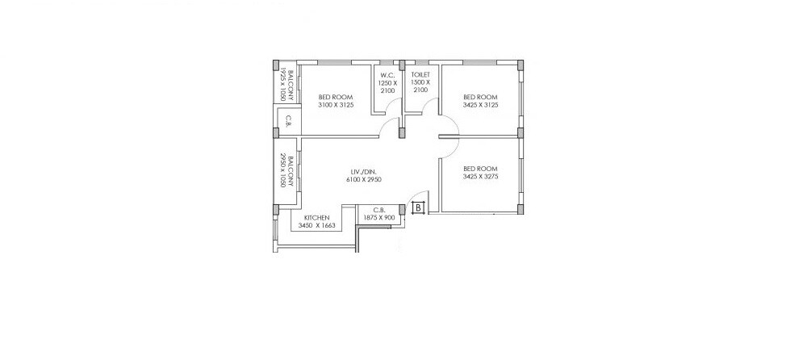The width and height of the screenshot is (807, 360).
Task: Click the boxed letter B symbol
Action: [x=419, y=207]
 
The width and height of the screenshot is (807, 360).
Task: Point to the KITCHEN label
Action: [x=316, y=218]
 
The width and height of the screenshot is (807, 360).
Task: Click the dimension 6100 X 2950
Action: [x=363, y=179]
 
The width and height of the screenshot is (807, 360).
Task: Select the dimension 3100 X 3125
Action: [x=337, y=104]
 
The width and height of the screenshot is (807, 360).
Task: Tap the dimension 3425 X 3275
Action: [x=480, y=177]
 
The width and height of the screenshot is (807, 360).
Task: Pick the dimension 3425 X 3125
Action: [x=480, y=104]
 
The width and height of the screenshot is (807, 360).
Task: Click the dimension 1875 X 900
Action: [x=378, y=218]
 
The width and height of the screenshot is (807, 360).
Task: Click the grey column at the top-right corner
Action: [x=521, y=65]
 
